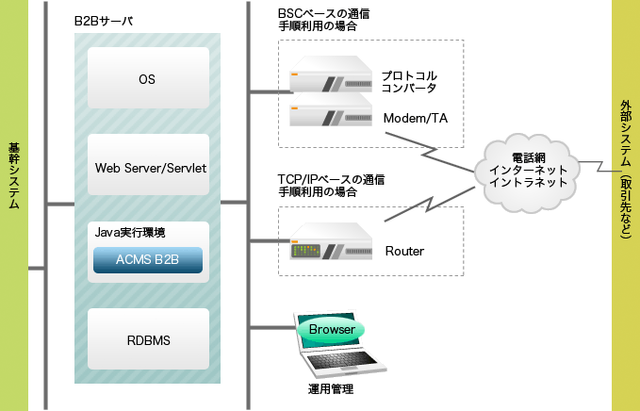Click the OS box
click(146, 78)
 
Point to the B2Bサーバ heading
click(104, 20)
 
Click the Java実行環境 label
click(137, 231)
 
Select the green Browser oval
click(331, 330)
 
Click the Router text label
click(404, 251)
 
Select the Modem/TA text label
click(415, 119)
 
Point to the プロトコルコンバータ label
click(409, 81)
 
